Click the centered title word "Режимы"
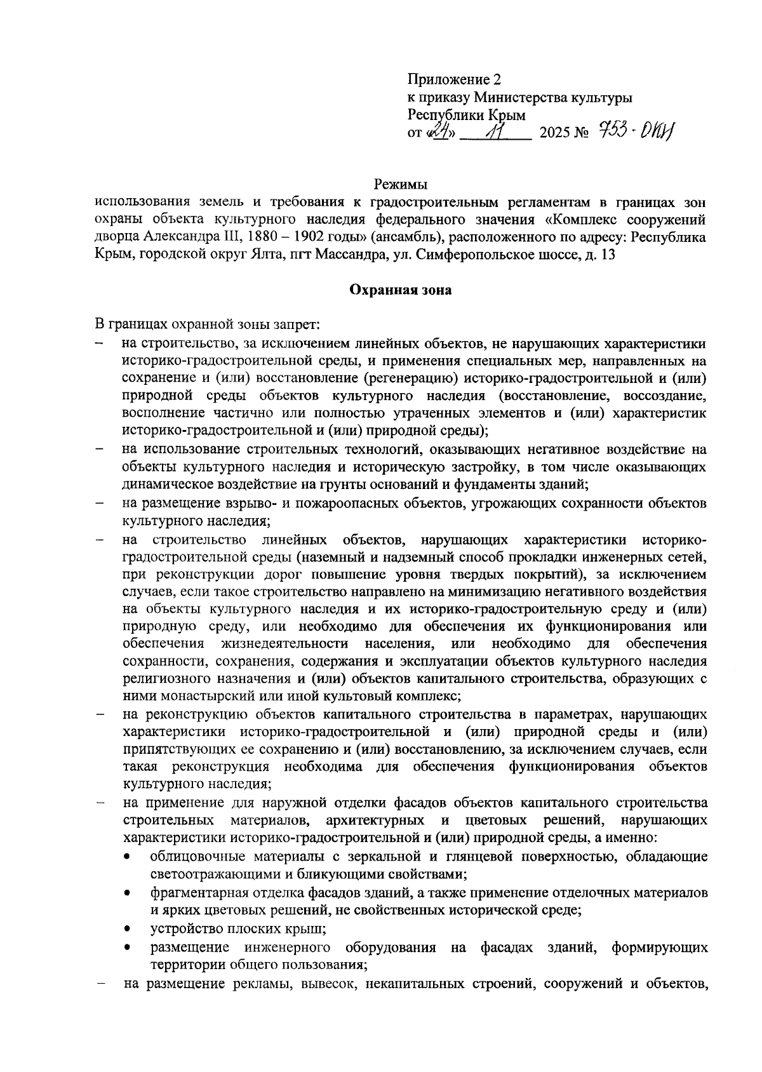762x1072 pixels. (x=400, y=185)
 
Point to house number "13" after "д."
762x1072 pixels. (x=608, y=255)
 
